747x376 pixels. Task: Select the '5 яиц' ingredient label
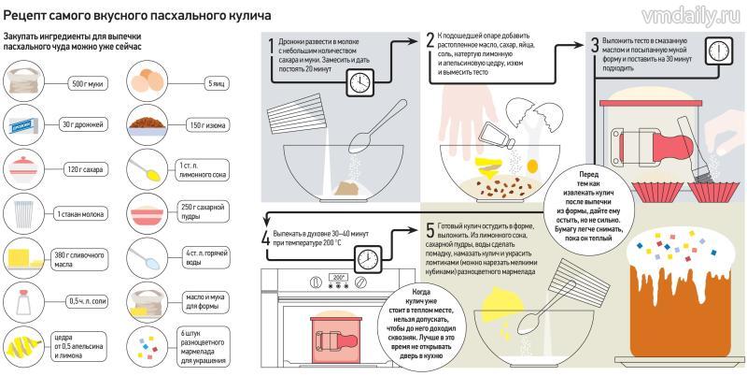[x=217, y=83]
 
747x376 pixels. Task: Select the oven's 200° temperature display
[x=338, y=277]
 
